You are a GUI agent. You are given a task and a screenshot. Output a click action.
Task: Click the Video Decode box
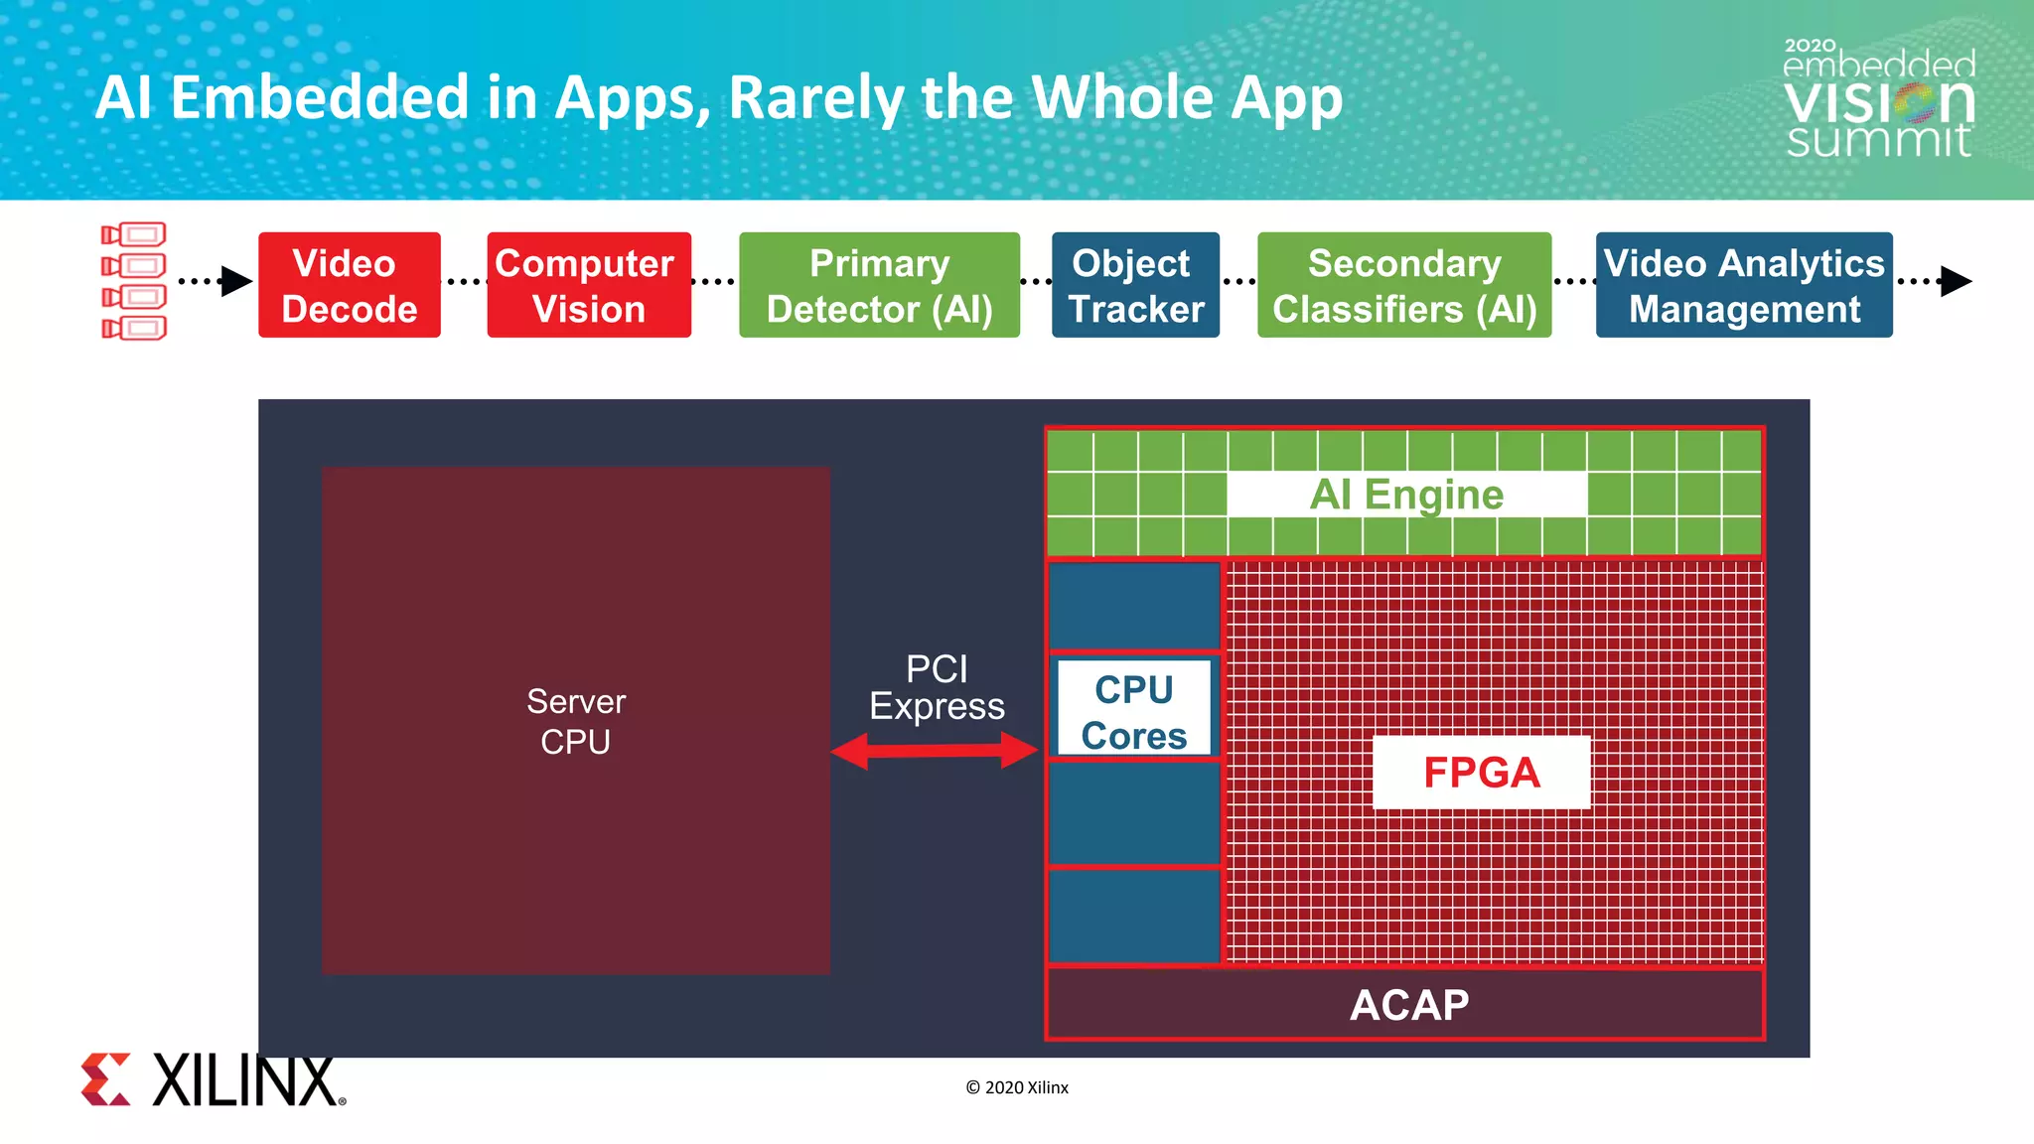(349, 285)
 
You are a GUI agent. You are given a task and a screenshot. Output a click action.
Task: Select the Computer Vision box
(588, 285)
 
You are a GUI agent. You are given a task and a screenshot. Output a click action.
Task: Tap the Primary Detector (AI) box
(879, 285)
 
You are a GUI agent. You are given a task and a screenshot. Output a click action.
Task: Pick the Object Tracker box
(1135, 285)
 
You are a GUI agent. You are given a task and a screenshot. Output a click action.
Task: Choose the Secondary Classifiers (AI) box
(1403, 285)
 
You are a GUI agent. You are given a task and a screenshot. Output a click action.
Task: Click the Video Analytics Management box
(1743, 285)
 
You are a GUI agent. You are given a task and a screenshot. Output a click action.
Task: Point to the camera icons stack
(134, 281)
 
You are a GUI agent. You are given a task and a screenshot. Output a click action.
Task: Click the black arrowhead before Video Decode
(235, 281)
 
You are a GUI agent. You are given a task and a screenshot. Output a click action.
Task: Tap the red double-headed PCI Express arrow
(935, 750)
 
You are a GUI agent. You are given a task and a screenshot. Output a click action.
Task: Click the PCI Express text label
(937, 687)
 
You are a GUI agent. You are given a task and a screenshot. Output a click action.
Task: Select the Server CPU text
(575, 721)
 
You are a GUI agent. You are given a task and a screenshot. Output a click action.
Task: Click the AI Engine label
(1406, 494)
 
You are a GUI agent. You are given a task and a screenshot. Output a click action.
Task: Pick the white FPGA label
(1481, 772)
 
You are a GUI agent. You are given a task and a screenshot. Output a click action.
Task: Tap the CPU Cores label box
(1133, 709)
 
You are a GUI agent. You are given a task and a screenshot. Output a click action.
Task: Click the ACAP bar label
(1408, 1005)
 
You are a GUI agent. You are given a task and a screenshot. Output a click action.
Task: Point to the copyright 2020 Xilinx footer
(1017, 1087)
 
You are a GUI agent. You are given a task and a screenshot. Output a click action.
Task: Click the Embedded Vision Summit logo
(1878, 99)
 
